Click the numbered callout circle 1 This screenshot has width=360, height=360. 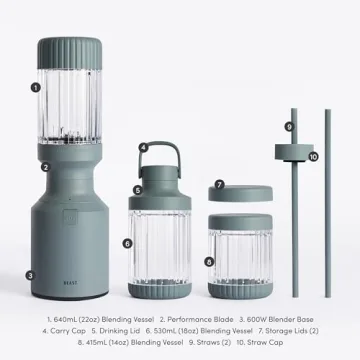[x=35, y=86]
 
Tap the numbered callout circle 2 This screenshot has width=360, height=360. [x=45, y=167]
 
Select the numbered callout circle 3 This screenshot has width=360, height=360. [x=31, y=273]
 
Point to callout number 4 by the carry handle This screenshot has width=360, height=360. [x=144, y=147]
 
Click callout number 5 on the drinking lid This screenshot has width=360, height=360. [x=137, y=189]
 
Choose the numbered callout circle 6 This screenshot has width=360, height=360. [x=128, y=242]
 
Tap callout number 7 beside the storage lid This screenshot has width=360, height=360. [x=219, y=186]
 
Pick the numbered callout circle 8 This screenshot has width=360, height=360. [x=209, y=261]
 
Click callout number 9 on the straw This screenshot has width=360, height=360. [x=289, y=127]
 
